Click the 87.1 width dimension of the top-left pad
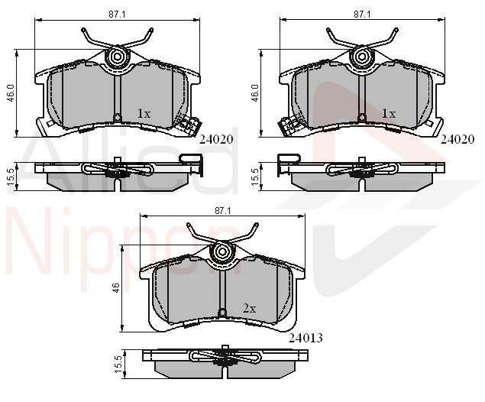117,15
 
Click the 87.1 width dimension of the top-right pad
362,15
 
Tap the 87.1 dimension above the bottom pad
223,211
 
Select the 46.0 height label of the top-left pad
11,93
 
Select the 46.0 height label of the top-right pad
255,93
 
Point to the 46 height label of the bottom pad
115,288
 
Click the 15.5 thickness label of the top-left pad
11,177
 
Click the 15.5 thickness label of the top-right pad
255,177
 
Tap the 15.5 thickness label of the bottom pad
118,365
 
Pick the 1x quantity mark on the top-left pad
144,114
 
